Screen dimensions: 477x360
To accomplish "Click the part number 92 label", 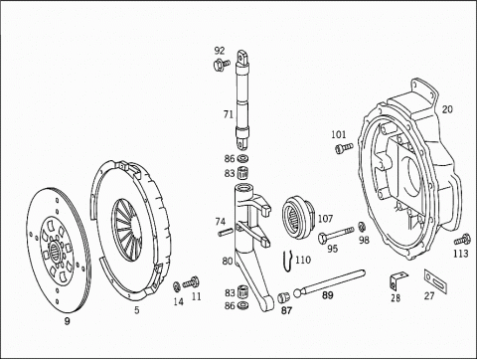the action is pos(220,51).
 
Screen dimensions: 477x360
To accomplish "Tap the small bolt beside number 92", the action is pos(222,64).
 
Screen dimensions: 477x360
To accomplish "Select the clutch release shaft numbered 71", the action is pos(242,100).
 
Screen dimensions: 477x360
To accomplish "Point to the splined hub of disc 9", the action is pos(55,251).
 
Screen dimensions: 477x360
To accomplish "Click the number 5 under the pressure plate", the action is pos(137,310).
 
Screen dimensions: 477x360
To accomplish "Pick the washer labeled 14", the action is pos(177,286).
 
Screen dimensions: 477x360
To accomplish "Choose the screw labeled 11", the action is pos(192,282).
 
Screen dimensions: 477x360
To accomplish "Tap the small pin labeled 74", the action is pos(226,233).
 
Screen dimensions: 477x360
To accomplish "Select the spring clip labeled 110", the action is pos(288,262).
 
